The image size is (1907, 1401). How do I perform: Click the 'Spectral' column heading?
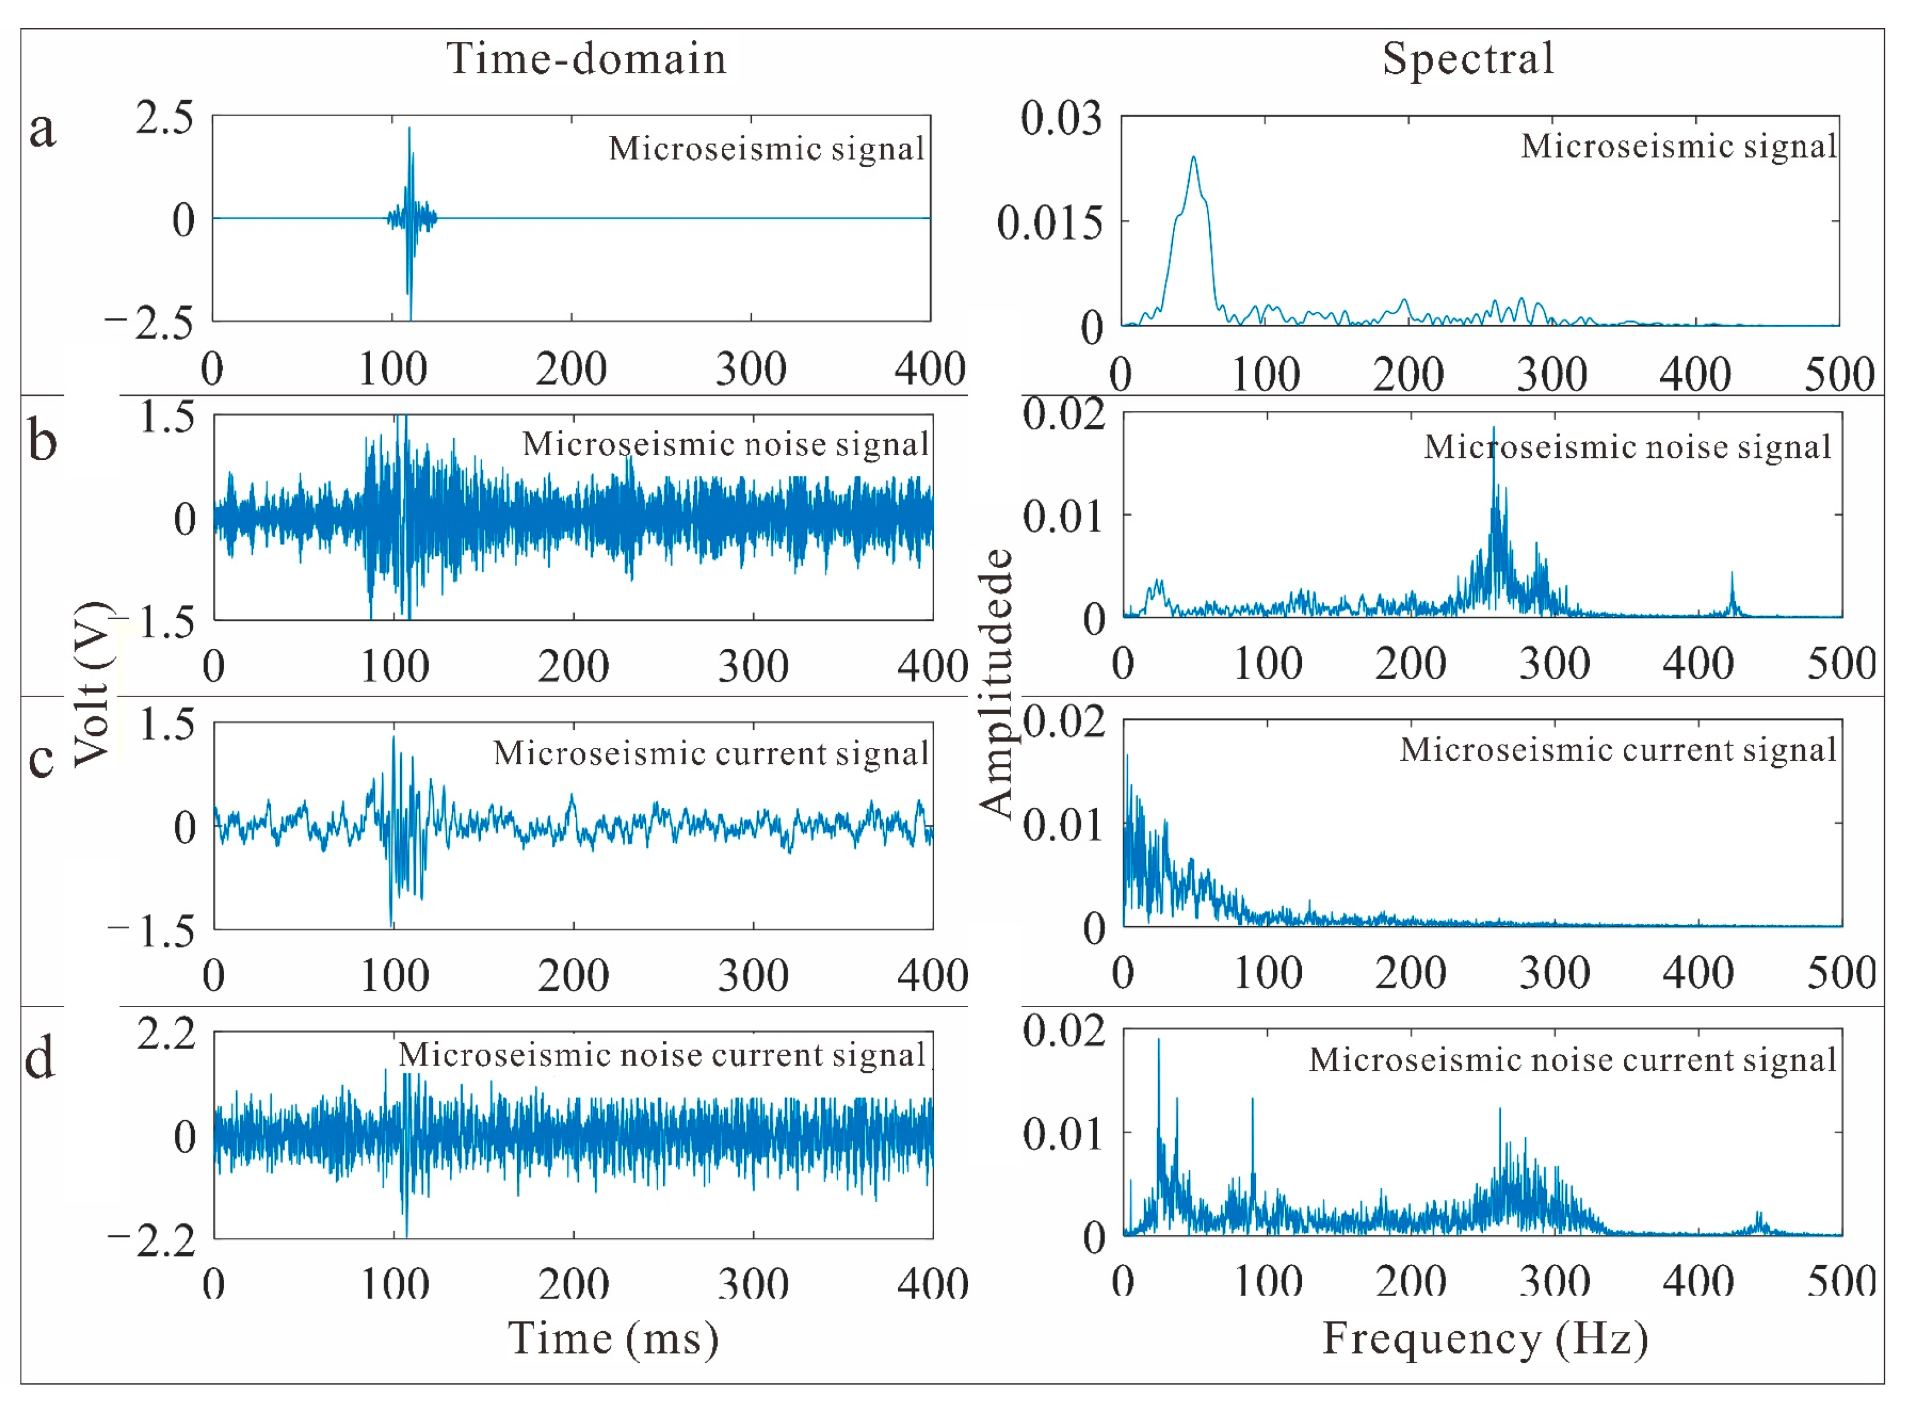(1468, 59)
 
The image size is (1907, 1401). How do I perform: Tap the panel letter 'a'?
(42, 130)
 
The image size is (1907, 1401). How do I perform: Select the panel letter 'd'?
(40, 1059)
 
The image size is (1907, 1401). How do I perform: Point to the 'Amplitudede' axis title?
(996, 684)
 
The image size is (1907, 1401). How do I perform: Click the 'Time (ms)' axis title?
(613, 1338)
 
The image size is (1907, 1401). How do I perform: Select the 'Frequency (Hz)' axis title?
(1485, 1338)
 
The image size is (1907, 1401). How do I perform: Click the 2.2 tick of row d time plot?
(167, 1034)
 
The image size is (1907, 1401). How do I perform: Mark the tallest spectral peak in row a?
(1193, 158)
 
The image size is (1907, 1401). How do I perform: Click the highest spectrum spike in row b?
(1494, 429)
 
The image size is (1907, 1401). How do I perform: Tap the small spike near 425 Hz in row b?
(1732, 574)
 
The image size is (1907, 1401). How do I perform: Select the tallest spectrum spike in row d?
(1159, 1040)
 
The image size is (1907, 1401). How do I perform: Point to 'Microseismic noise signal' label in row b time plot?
(725, 444)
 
